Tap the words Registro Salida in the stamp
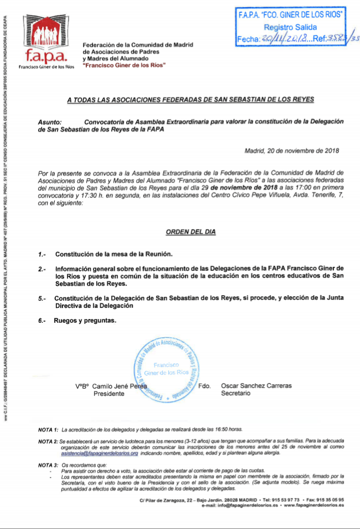[290, 27]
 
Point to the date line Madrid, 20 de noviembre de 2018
[291, 150]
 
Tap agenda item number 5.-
[42, 298]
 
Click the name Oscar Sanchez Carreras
[256, 386]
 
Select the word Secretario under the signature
[236, 393]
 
